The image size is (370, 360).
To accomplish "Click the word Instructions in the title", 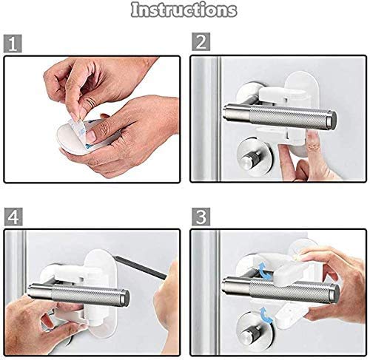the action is pos(184,10).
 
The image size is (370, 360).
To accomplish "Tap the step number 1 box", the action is pos(13,44).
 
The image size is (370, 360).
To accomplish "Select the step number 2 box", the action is pos(201,42).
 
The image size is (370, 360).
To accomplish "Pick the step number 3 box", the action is pos(201,217).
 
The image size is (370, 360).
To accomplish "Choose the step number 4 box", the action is pos(13,217).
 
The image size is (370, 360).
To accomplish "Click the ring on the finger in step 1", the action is pos(92,101).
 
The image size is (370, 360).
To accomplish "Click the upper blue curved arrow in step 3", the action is pos(265,271).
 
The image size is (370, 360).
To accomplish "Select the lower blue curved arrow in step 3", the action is pos(267,315).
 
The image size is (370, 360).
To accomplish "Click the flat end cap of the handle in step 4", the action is pos(125,298).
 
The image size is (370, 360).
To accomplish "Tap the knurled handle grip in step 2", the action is pos(288,118).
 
